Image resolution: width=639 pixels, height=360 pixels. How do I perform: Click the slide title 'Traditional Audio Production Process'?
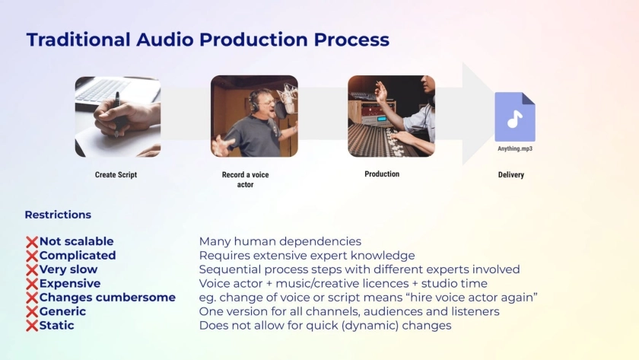click(208, 40)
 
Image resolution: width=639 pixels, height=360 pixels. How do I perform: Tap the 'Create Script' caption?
click(116, 175)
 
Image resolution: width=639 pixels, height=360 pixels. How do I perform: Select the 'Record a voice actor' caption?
click(245, 180)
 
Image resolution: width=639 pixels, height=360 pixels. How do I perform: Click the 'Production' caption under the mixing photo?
click(382, 174)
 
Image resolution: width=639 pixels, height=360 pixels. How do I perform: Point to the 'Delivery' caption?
click(511, 175)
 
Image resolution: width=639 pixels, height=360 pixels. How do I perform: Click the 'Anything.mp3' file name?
click(515, 149)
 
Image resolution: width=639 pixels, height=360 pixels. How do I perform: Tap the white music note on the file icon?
click(515, 119)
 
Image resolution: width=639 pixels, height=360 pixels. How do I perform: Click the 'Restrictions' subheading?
click(58, 215)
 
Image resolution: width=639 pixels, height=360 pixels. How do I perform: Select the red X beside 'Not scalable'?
click(32, 242)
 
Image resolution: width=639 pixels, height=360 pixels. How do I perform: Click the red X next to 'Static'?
click(32, 327)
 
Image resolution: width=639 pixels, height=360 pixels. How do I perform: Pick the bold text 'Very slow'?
click(68, 269)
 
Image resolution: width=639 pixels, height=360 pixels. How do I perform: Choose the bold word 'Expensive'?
click(70, 283)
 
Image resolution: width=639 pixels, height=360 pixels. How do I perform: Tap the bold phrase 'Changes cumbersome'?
click(107, 298)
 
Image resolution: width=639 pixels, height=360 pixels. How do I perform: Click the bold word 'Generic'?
click(62, 311)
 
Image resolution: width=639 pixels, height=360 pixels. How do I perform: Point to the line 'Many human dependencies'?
click(280, 241)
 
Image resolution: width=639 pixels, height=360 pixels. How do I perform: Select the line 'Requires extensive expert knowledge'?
click(307, 256)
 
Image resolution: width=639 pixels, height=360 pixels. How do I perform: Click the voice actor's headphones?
click(254, 102)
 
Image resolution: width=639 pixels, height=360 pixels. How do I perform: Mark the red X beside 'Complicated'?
click(32, 256)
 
